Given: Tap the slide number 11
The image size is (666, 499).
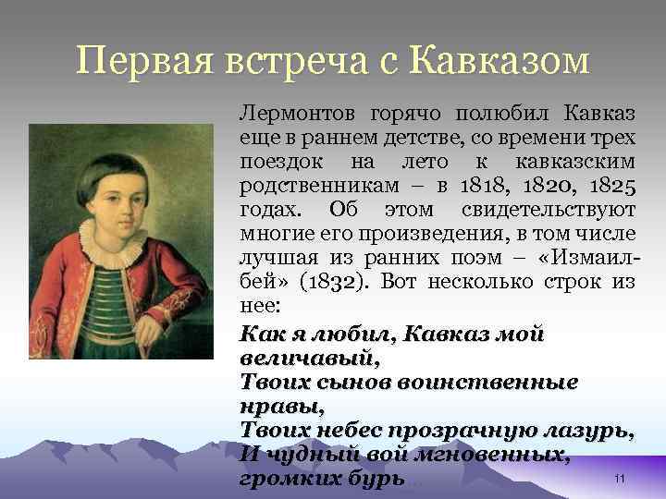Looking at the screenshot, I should [x=621, y=477].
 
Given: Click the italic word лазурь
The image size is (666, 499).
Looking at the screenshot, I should [x=592, y=430].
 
